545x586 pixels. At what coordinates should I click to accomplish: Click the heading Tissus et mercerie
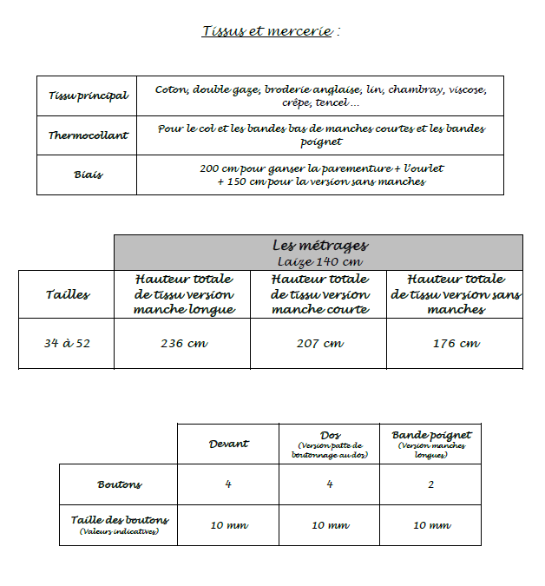pyautogui.click(x=270, y=31)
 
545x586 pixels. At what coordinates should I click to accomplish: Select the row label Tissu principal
pyautogui.click(x=88, y=95)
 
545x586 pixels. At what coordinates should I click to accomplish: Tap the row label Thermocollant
pyautogui.click(x=88, y=135)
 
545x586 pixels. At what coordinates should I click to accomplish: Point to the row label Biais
pyautogui.click(x=88, y=174)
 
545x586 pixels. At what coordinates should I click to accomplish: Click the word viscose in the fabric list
pyautogui.click(x=469, y=89)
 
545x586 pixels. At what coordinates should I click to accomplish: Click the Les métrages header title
pyautogui.click(x=319, y=246)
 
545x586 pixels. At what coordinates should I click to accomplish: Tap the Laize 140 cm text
pyautogui.click(x=318, y=260)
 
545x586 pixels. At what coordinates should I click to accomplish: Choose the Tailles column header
pyautogui.click(x=67, y=294)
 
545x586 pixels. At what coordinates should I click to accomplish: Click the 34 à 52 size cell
pyautogui.click(x=67, y=343)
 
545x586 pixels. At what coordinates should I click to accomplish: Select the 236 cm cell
pyautogui.click(x=183, y=343)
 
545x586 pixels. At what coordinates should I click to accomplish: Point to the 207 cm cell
pyautogui.click(x=319, y=343)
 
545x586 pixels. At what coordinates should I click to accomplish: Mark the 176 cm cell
pyautogui.click(x=456, y=343)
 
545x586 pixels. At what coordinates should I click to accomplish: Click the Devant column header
pyautogui.click(x=228, y=444)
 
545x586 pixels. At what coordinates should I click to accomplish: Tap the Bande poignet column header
pyautogui.click(x=431, y=435)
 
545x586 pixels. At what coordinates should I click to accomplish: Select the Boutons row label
pyautogui.click(x=119, y=484)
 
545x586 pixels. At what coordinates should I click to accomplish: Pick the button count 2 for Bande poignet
pyautogui.click(x=431, y=484)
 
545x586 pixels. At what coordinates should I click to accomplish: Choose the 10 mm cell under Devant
pyautogui.click(x=228, y=525)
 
